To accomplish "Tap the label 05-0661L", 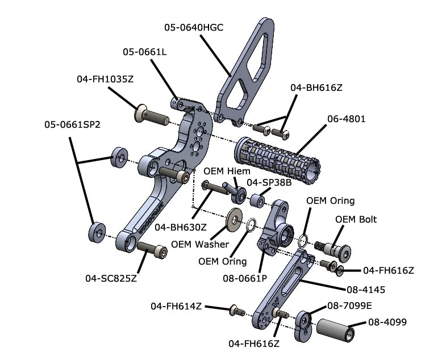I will pyautogui.click(x=144, y=52).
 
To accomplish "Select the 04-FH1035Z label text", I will pyautogui.click(x=105, y=79).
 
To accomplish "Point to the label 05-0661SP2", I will pyautogui.click(x=72, y=125).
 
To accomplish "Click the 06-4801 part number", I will pyautogui.click(x=346, y=119).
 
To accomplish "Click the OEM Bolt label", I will pyautogui.click(x=356, y=220).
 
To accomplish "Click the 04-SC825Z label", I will pyautogui.click(x=111, y=278).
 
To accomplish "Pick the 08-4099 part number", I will pyautogui.click(x=387, y=322).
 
